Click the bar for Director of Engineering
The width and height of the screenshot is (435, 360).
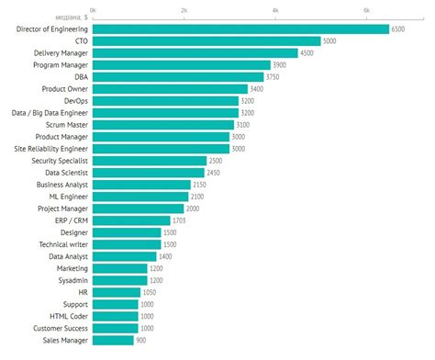coord(240,28)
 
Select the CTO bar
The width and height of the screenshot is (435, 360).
coord(206,40)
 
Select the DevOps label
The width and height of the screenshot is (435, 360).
coord(74,101)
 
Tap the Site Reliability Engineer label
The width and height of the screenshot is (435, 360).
coord(51,149)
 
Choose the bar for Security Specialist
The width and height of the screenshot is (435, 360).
coord(150,161)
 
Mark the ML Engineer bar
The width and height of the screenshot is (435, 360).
coord(140,197)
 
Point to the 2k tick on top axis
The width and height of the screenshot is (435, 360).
coord(184,9)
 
